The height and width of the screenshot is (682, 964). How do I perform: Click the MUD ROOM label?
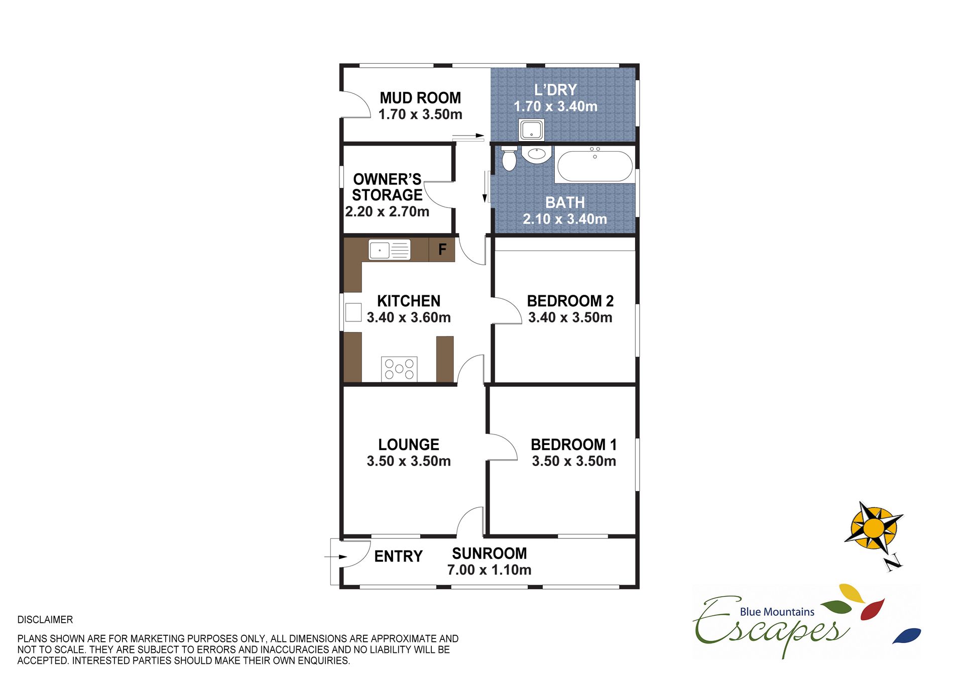(420, 98)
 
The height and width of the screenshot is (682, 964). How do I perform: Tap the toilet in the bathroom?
(509, 158)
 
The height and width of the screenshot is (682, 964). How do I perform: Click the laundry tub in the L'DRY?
(531, 130)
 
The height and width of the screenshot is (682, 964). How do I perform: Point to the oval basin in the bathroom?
(537, 154)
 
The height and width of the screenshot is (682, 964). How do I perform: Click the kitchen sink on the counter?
(390, 250)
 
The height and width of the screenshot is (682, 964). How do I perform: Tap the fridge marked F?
(442, 250)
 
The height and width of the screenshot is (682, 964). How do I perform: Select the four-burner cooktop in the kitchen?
(399, 369)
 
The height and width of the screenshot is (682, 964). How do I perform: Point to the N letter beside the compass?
(893, 562)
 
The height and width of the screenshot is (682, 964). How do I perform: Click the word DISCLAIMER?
(45, 620)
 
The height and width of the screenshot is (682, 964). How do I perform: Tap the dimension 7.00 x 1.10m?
(489, 570)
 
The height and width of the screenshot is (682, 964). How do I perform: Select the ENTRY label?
(399, 556)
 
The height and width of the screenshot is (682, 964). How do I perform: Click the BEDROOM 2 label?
(570, 301)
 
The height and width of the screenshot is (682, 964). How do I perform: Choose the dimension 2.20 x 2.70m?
(387, 212)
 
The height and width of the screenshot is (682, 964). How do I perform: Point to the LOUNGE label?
(409, 444)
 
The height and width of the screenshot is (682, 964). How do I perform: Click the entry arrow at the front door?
(336, 557)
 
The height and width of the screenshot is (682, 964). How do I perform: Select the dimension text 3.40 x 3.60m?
(409, 317)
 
